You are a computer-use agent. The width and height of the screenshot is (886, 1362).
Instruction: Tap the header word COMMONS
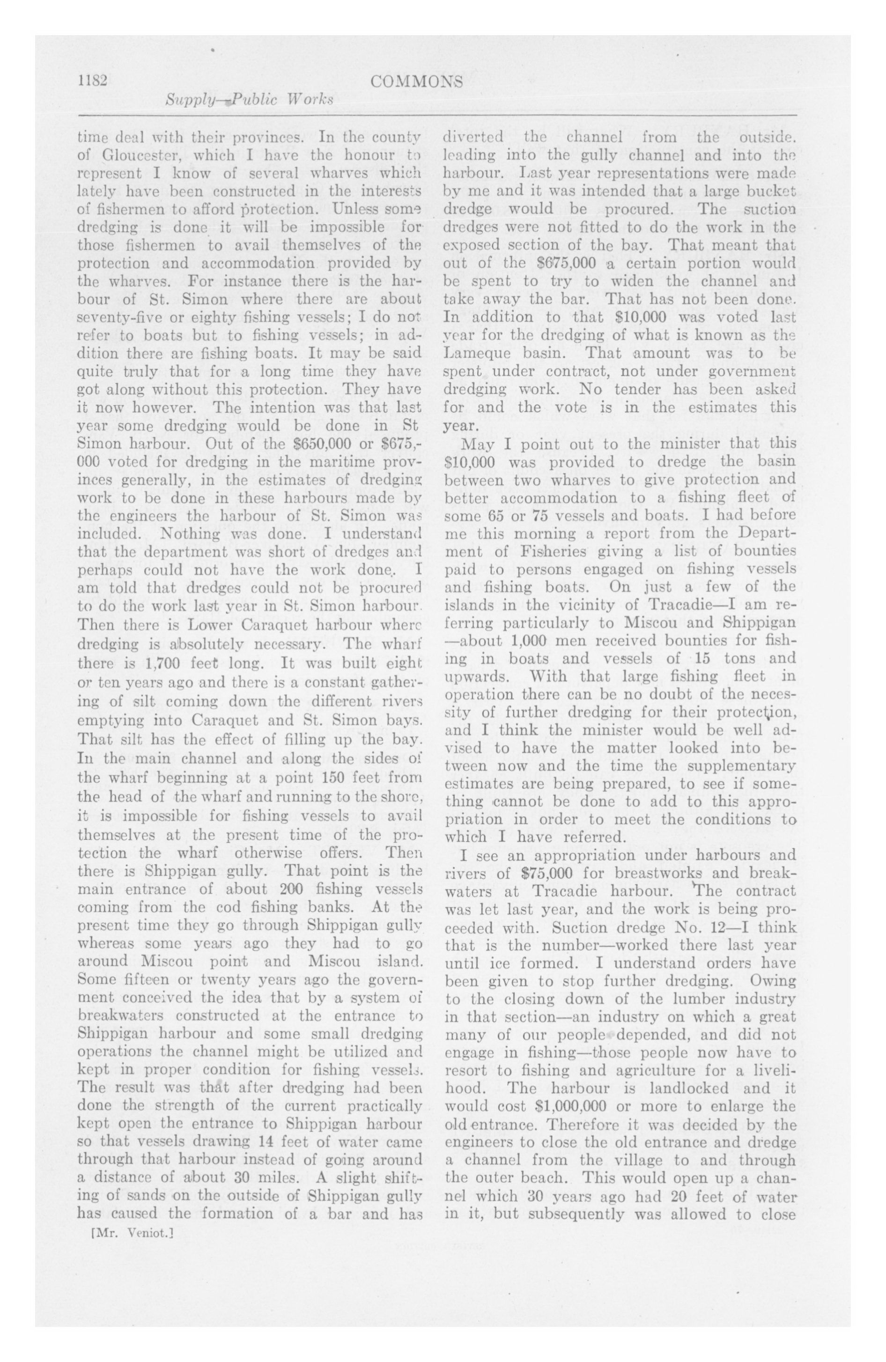pos(416,82)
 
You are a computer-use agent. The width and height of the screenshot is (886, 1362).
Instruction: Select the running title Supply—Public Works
pos(249,100)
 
